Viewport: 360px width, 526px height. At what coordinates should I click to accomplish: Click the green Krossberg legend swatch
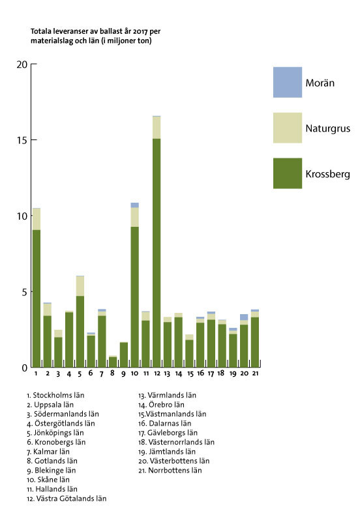(x=287, y=173)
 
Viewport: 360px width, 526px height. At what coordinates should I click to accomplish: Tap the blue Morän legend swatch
(x=287, y=82)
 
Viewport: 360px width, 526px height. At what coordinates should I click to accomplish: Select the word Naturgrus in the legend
(x=328, y=128)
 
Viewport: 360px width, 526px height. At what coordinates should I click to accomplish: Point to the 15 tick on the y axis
(x=33, y=140)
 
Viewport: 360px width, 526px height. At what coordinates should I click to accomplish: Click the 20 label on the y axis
(x=22, y=64)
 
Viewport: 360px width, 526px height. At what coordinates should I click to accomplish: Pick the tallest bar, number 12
(x=157, y=242)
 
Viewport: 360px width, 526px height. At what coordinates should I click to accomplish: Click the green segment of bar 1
(x=37, y=299)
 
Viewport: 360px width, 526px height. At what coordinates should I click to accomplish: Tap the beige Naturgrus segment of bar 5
(x=80, y=286)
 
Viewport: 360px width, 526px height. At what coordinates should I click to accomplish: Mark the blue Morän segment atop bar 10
(x=134, y=205)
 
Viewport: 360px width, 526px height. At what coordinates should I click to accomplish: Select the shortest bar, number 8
(x=113, y=362)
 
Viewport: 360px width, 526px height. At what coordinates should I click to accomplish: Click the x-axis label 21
(x=255, y=373)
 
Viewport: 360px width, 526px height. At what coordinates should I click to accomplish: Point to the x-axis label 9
(x=123, y=373)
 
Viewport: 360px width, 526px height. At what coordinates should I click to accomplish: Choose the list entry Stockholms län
(x=55, y=395)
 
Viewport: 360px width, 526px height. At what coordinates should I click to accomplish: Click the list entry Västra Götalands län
(x=67, y=499)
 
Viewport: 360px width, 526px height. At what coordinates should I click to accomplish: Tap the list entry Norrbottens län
(x=170, y=471)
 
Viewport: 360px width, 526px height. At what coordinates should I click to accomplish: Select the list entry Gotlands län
(x=52, y=461)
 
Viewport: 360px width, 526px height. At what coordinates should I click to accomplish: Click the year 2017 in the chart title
(x=140, y=31)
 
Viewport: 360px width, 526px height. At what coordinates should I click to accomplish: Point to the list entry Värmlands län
(x=167, y=395)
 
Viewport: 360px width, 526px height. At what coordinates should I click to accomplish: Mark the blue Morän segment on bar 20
(x=244, y=317)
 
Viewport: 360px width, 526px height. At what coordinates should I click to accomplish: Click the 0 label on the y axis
(x=25, y=368)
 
